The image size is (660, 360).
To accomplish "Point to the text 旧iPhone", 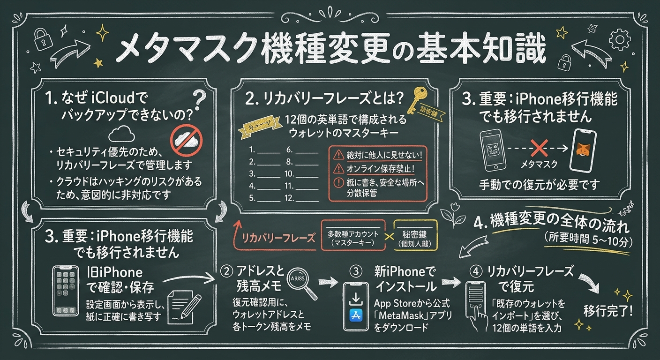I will pos(115,272).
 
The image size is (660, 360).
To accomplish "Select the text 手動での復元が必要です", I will pos(539,185).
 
